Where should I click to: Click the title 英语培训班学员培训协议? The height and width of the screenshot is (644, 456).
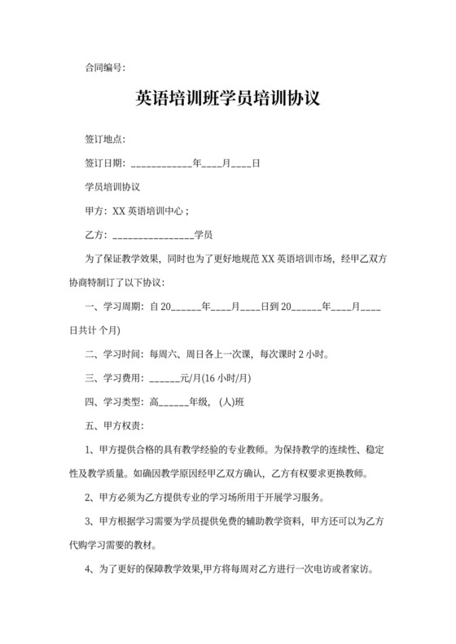(x=227, y=99)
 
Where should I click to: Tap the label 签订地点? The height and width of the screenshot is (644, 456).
(x=105, y=140)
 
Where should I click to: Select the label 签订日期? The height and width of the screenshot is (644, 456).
(x=105, y=163)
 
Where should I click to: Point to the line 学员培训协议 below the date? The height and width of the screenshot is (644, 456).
(x=112, y=187)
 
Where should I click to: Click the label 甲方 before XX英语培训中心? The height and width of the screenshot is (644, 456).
(x=95, y=211)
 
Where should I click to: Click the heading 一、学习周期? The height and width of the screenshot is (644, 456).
(x=116, y=307)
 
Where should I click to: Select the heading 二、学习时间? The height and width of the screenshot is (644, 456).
(x=116, y=354)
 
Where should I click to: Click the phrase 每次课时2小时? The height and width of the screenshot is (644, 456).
(x=294, y=354)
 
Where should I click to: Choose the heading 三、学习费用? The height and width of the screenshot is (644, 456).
(x=116, y=377)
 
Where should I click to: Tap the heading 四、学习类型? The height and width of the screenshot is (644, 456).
(x=116, y=401)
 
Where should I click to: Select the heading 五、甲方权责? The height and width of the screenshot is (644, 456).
(x=116, y=424)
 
